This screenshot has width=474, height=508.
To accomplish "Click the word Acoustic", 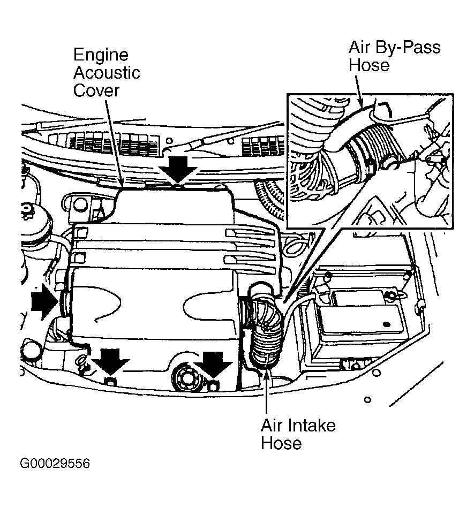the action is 107,73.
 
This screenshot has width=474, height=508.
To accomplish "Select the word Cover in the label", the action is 96,90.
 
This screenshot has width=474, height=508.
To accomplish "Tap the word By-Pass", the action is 408,48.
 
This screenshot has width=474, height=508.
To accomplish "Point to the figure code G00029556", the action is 55,463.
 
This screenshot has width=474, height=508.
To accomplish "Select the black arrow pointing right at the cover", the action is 45,301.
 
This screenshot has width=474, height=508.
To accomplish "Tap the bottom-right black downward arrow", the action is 213,365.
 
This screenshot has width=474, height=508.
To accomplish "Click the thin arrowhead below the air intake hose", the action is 266,375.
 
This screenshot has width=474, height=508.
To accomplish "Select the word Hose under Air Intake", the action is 281,443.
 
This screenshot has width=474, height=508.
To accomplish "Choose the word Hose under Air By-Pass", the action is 369,65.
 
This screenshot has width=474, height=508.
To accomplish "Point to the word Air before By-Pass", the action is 359,47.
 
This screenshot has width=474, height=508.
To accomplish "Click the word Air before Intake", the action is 272,426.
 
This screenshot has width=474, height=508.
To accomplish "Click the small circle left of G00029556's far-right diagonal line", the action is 367,400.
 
